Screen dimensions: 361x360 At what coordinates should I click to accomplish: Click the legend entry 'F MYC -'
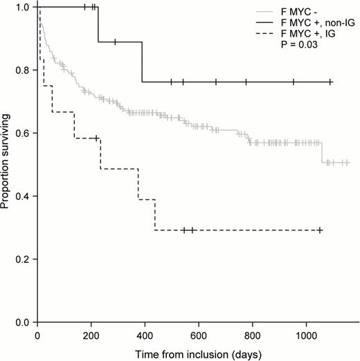click(298, 12)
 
